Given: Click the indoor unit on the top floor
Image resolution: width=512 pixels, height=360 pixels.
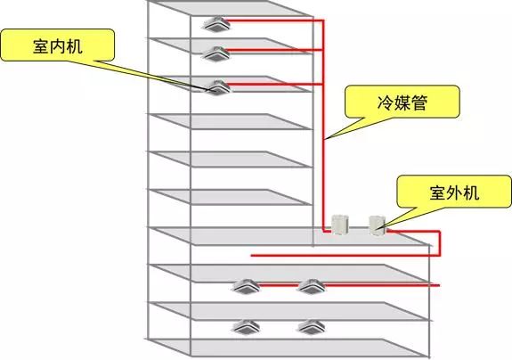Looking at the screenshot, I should click(216, 22).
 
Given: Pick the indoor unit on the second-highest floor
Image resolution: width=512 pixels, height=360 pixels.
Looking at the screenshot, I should click(216, 53).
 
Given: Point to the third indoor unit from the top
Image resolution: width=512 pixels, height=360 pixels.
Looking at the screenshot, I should click(216, 86).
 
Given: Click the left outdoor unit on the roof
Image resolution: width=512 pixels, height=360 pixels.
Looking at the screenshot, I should click(340, 224).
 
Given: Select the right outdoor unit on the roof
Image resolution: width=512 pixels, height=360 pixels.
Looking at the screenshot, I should click(378, 223).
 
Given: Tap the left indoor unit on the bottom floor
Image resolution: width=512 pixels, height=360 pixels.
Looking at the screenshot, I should click(245, 325).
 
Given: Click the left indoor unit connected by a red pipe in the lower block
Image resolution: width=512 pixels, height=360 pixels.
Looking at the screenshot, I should click(245, 286).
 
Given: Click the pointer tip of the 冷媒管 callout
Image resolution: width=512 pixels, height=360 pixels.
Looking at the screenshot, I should click(326, 140).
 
